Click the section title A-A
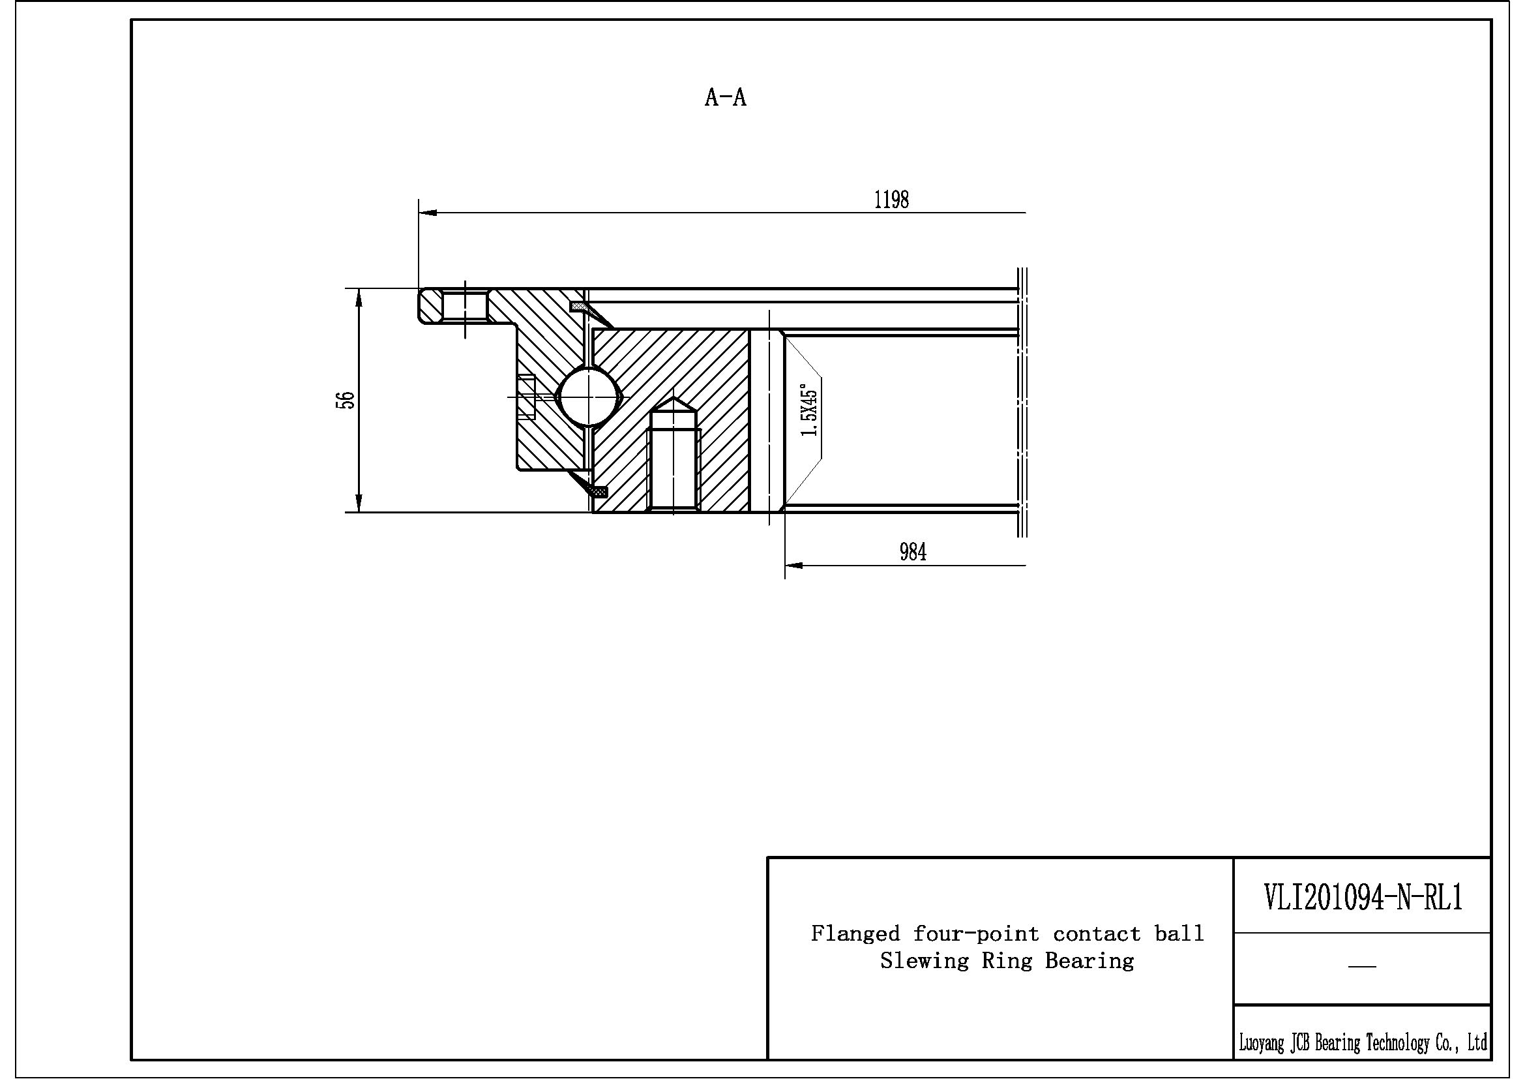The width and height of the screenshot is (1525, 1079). pos(725,98)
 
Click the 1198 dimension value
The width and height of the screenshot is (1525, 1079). pos(891,200)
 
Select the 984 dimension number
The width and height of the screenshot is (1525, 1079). pos(913,551)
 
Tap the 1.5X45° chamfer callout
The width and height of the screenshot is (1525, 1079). pos(810,410)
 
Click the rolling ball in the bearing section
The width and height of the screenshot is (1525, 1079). pos(588,397)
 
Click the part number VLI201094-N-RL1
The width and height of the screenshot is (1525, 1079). pos(1362,898)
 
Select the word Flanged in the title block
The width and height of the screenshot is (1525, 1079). pos(855,934)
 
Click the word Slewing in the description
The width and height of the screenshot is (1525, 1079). pos(925,961)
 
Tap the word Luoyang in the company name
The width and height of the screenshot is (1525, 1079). pos(1262,1042)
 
